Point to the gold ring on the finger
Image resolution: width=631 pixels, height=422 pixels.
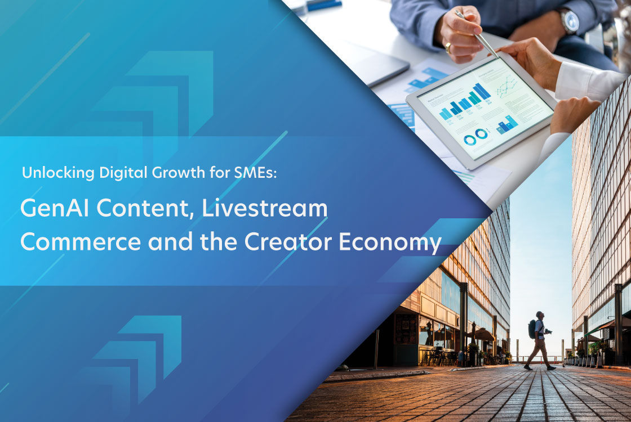pos(448,48)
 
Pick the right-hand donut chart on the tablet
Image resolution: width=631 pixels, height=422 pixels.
pos(481,134)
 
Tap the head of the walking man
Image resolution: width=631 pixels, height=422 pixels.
pos(540,315)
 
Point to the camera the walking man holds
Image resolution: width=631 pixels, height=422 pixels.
pos(548,331)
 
